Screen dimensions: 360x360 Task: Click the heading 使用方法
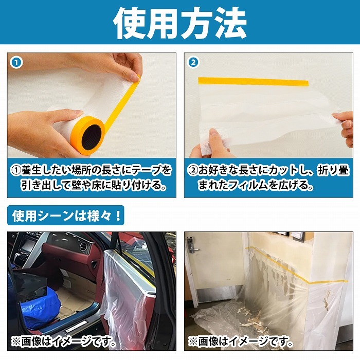click(180, 23)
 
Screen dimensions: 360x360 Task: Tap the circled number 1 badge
click(16, 63)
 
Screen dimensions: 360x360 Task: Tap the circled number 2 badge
click(193, 63)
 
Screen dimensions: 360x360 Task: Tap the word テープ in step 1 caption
click(142, 170)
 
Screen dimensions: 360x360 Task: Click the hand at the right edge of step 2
click(344, 123)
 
